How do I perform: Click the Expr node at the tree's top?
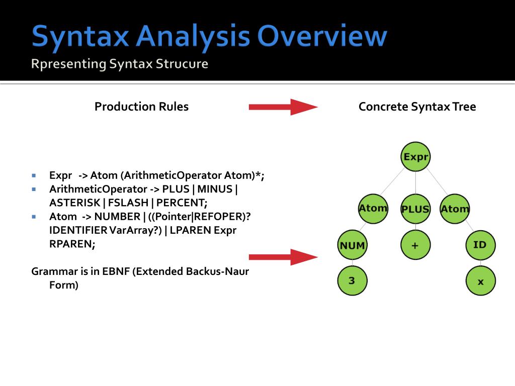coord(415,157)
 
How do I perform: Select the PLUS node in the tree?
coord(415,209)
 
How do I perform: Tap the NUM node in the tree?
coord(352,245)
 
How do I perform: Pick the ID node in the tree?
coord(480,245)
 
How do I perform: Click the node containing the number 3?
coord(352,280)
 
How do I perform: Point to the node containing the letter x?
coord(480,281)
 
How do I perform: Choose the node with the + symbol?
coord(415,245)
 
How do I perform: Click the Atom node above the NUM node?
coord(373,208)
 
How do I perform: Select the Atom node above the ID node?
coord(455,209)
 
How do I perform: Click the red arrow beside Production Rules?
coord(283,107)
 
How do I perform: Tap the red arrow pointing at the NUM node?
coord(283,257)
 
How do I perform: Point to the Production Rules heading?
coord(141,107)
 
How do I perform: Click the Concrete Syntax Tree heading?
coord(417,107)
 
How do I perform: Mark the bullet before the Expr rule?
coord(34,176)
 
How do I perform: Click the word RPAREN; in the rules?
coord(72,244)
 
